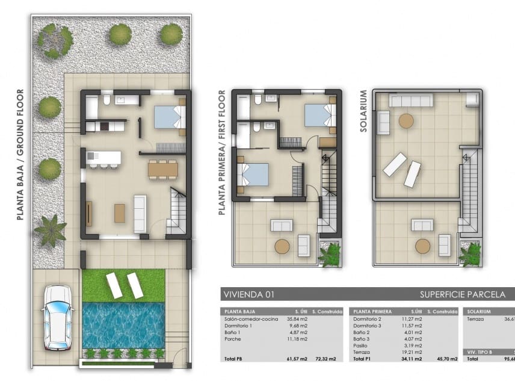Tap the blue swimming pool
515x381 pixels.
coord(123,325)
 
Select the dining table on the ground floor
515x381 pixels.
coord(162,170)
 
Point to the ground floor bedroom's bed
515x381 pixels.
coord(168,117)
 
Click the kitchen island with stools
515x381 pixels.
coord(103,159)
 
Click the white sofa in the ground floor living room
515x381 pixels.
coord(140,213)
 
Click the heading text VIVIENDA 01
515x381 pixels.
coord(248,294)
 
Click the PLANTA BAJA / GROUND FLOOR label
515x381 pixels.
coord(20,154)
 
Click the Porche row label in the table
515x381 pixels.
coord(233,339)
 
